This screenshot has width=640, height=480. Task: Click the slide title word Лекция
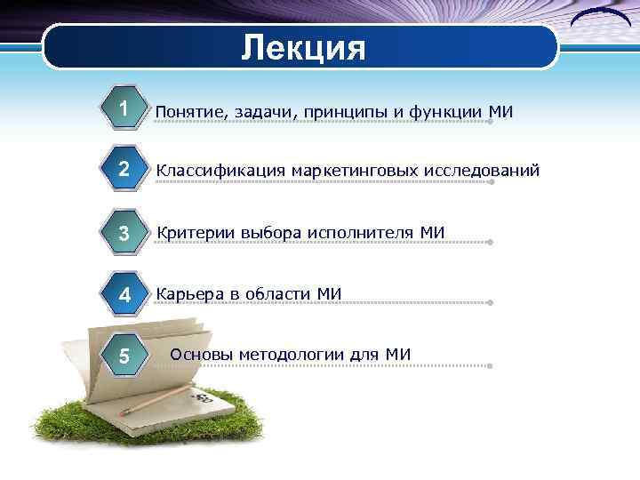pos(303,47)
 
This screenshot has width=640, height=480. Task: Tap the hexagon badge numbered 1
pos(125,108)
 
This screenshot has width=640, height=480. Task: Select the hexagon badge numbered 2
pos(125,170)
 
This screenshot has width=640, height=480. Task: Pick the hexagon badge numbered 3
pos(125,233)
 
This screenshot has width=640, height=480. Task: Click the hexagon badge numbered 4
pos(125,294)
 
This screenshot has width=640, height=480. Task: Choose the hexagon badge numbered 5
pos(125,356)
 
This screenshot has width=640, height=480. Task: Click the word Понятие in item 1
pos(190,112)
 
